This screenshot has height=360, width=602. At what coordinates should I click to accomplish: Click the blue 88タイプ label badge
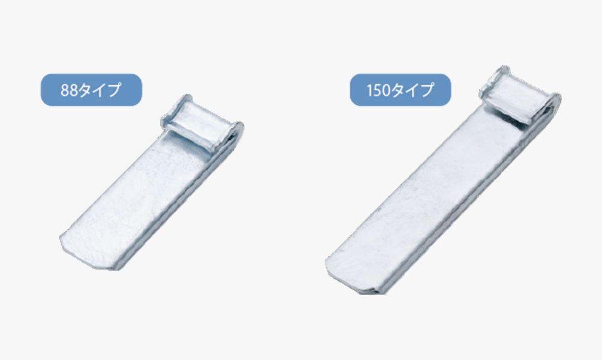tap(91, 90)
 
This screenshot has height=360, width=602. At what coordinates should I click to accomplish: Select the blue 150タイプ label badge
tap(401, 90)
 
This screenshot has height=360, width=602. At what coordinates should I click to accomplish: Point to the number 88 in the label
tap(69, 90)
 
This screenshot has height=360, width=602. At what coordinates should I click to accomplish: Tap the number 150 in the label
tap(378, 90)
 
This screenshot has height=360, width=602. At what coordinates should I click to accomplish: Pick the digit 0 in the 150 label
tap(386, 90)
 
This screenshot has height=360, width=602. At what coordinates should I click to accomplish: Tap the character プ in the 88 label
tap(114, 90)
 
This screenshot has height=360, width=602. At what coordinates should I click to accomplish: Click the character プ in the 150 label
tap(426, 90)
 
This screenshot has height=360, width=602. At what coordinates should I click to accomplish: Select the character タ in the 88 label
tap(85, 90)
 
